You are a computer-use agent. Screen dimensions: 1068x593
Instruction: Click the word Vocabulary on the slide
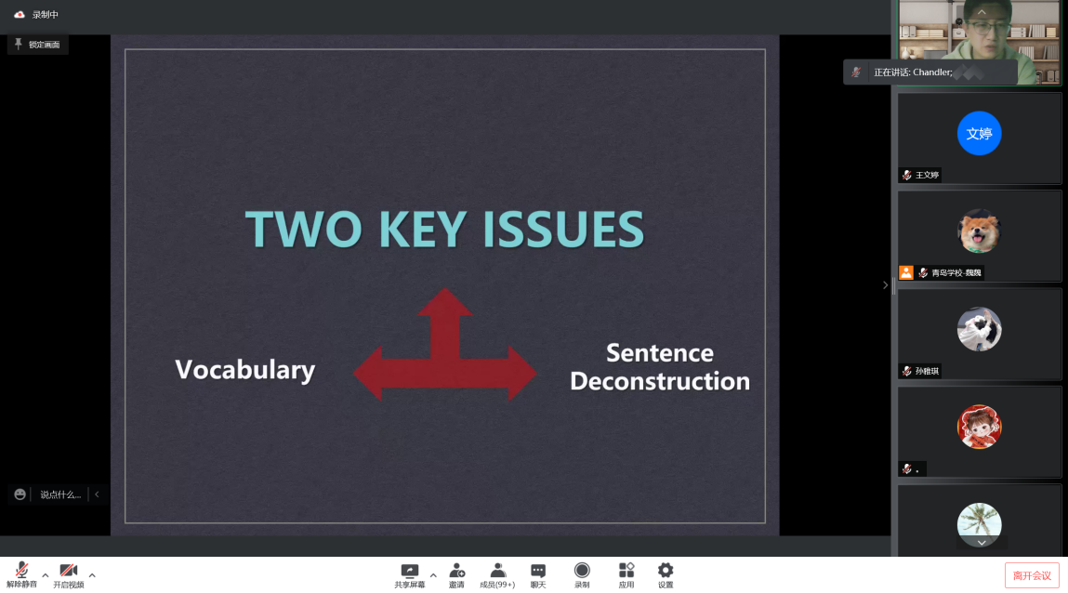pyautogui.click(x=245, y=370)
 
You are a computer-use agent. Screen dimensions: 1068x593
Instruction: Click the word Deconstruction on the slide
pyautogui.click(x=660, y=381)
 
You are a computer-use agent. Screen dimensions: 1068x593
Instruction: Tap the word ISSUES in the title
pyautogui.click(x=563, y=229)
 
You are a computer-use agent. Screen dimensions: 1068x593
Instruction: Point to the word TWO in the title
pyautogui.click(x=304, y=229)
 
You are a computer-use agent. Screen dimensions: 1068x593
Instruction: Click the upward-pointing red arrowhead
pyautogui.click(x=445, y=302)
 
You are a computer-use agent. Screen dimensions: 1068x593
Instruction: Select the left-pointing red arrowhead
pyautogui.click(x=368, y=373)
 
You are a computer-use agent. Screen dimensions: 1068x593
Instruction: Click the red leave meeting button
pyautogui.click(x=1032, y=575)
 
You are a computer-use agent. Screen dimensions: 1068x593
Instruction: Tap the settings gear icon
pyautogui.click(x=666, y=570)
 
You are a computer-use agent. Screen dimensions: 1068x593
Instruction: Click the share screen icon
pyautogui.click(x=409, y=571)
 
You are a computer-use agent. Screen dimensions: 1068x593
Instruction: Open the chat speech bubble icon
pyautogui.click(x=538, y=571)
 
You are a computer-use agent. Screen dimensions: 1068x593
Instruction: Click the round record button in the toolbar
pyautogui.click(x=582, y=570)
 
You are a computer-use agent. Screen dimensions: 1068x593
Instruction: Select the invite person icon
pyautogui.click(x=457, y=571)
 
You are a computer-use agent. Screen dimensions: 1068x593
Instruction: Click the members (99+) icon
pyautogui.click(x=498, y=571)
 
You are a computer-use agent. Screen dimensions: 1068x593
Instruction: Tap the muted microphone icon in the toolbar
pyautogui.click(x=21, y=570)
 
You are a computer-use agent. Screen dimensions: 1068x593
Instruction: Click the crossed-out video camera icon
pyautogui.click(x=68, y=571)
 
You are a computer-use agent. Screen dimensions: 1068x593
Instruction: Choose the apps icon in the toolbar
pyautogui.click(x=626, y=570)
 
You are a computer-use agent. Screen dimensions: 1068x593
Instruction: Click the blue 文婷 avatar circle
pyautogui.click(x=979, y=134)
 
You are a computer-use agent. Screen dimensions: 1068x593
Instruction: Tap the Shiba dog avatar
pyautogui.click(x=979, y=231)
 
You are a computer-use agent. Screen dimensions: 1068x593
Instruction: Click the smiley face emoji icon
pyautogui.click(x=20, y=494)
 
